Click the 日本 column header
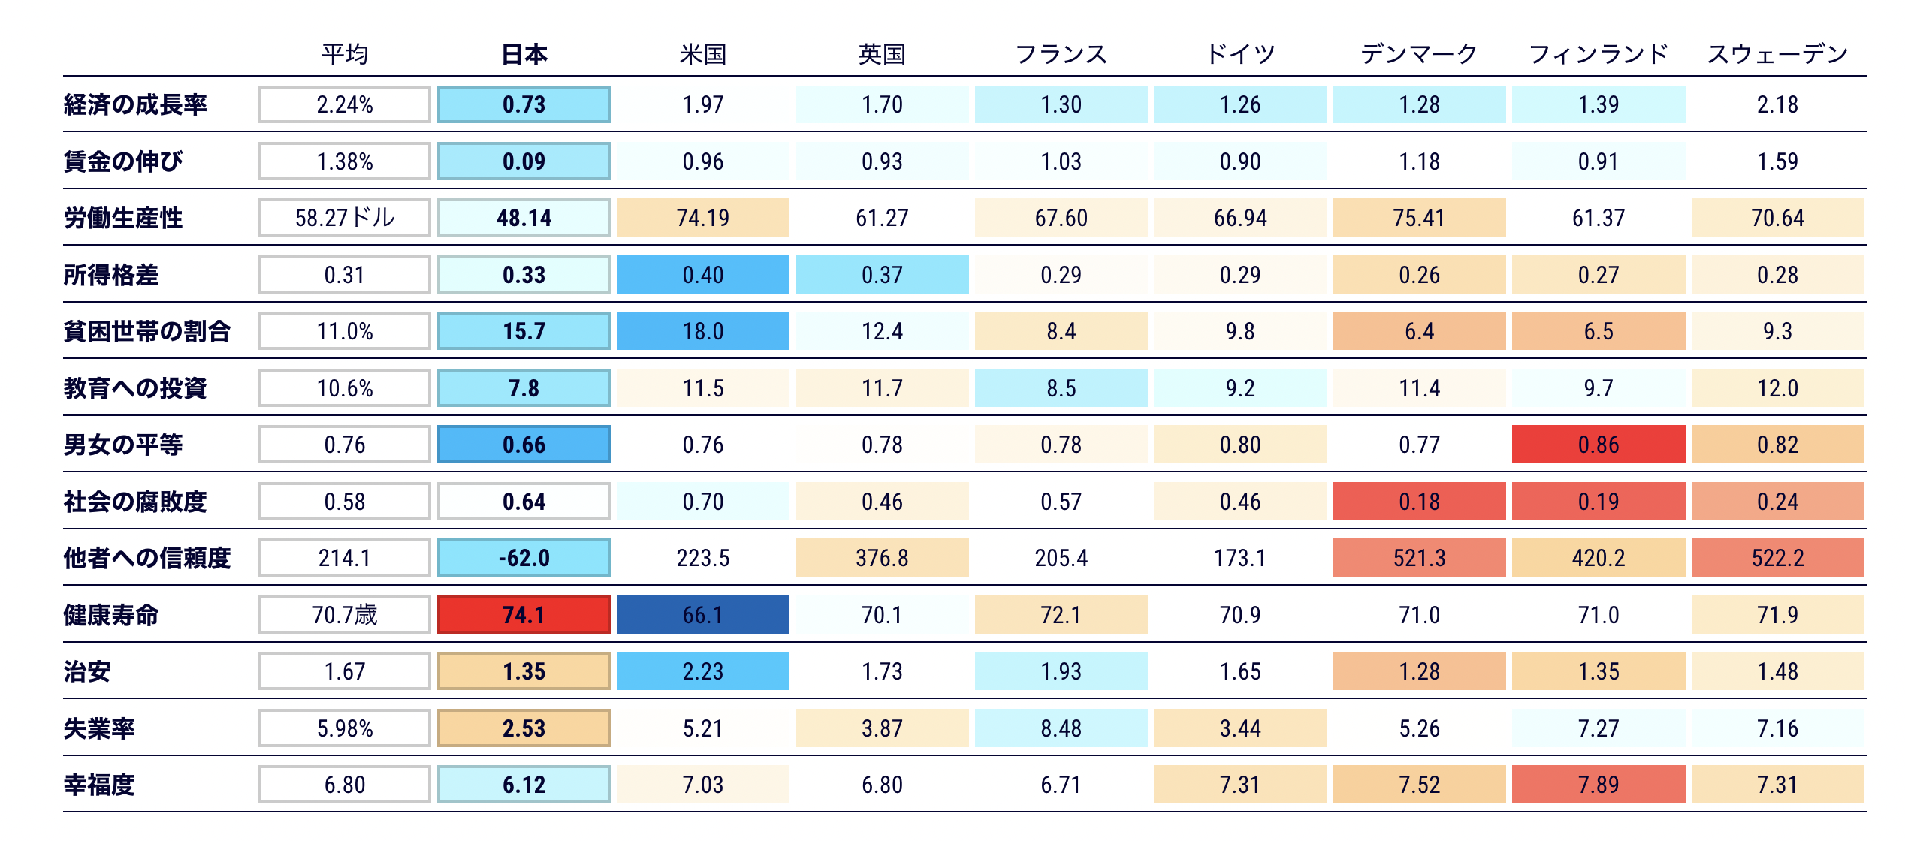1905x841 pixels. (x=524, y=54)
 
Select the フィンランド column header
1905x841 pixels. (x=1598, y=54)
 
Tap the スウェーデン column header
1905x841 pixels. (x=1777, y=54)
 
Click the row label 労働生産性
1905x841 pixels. (x=123, y=218)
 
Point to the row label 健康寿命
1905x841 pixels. (x=111, y=615)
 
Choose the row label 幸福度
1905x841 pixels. (x=99, y=785)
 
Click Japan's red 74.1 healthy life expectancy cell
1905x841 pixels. (x=524, y=615)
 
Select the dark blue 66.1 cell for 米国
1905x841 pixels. (x=702, y=615)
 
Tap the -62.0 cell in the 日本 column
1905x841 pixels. (x=524, y=558)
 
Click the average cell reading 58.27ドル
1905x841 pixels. (x=345, y=218)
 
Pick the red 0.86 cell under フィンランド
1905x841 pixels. (x=1598, y=445)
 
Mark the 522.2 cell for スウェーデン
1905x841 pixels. (x=1777, y=558)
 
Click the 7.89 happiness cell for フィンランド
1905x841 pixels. (x=1598, y=785)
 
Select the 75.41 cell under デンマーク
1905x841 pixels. (x=1419, y=218)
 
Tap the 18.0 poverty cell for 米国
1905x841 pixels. (x=702, y=331)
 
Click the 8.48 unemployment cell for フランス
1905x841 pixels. (x=1061, y=728)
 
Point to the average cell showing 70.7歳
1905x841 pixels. (x=345, y=615)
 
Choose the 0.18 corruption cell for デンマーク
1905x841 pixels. (x=1419, y=502)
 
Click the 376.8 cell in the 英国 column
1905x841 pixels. (x=882, y=558)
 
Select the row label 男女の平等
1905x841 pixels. (x=123, y=445)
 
